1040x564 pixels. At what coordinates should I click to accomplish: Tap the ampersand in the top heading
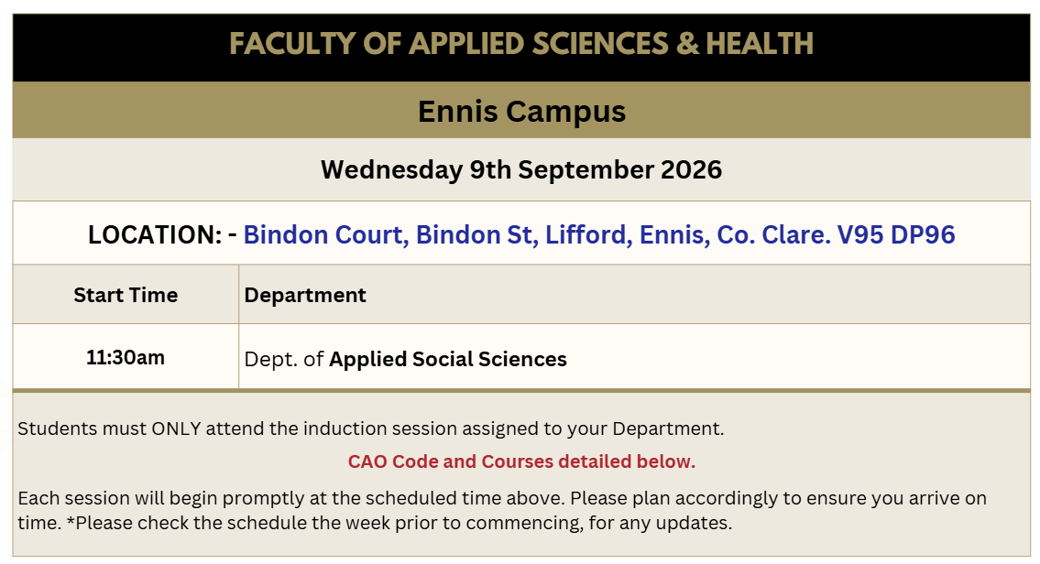[x=688, y=44]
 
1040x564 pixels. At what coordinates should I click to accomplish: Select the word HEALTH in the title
[x=760, y=44]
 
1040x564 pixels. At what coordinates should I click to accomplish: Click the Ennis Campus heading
[x=521, y=112]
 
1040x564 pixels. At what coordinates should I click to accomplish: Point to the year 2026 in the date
[x=691, y=169]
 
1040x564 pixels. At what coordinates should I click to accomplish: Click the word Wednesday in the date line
[x=391, y=170]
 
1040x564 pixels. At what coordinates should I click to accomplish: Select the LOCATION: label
[x=155, y=234]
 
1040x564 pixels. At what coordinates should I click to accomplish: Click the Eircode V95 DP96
[x=896, y=234]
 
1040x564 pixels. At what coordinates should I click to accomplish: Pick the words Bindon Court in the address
[x=325, y=234]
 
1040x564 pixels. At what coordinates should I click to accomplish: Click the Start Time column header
[x=126, y=295]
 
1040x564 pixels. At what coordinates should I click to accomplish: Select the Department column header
[x=305, y=296]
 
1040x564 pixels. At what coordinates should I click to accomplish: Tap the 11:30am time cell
[x=126, y=358]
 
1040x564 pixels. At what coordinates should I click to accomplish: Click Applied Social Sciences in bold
[x=448, y=359]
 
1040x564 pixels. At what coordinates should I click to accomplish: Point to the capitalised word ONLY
[x=177, y=428]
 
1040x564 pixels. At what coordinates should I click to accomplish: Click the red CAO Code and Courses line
[x=521, y=461]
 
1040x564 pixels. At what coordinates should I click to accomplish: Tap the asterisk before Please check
[x=71, y=520]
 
